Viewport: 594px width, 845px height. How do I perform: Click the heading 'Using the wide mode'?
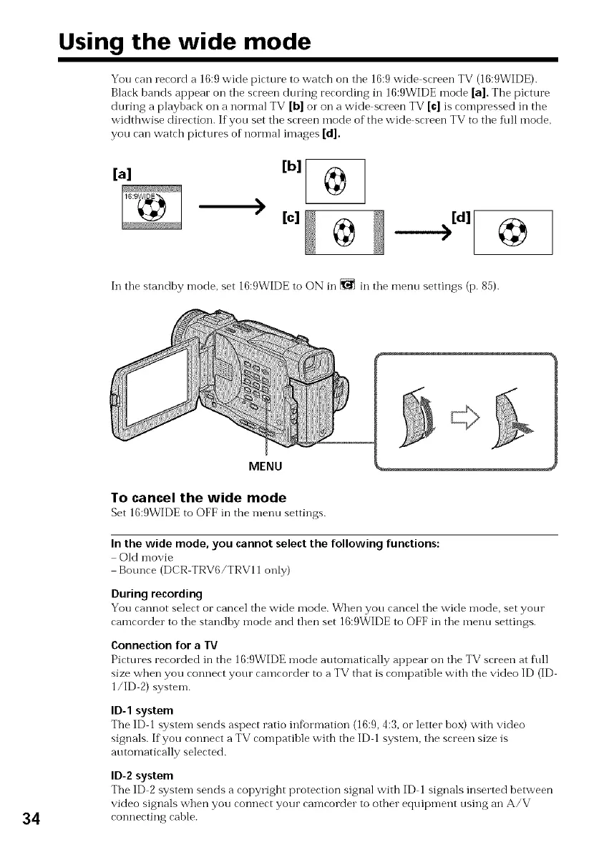[184, 43]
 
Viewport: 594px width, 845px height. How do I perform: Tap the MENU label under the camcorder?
[265, 467]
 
